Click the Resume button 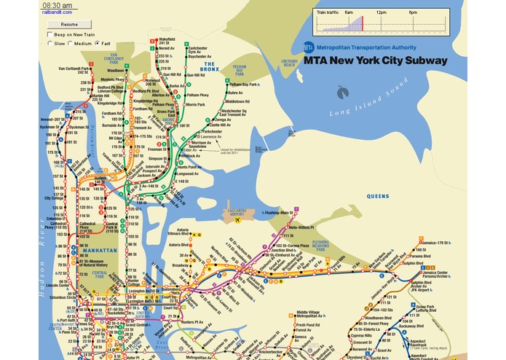[64, 24]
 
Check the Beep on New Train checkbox [49, 34]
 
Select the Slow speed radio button [50, 43]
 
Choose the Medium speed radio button [71, 43]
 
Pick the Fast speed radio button [97, 43]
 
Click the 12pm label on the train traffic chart [381, 13]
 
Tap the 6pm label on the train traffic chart [413, 13]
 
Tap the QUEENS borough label [378, 196]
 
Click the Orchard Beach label [289, 63]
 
